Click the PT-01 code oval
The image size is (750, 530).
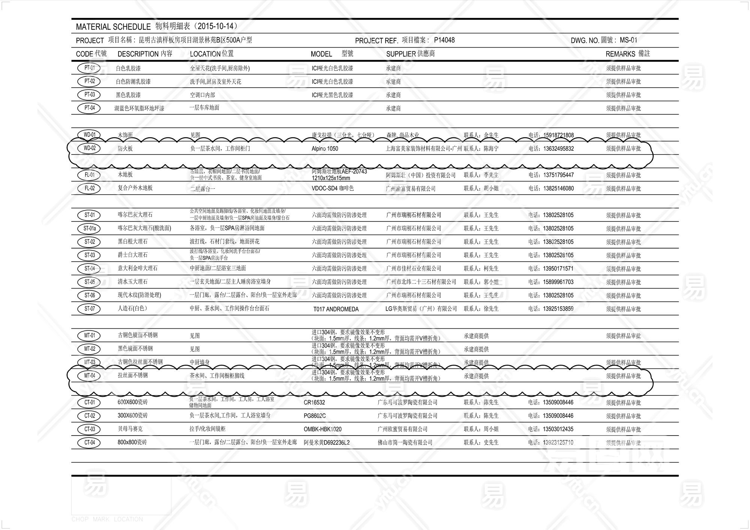tap(89, 68)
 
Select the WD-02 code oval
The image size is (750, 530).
tap(89, 148)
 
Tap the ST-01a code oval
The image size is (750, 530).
tap(89, 228)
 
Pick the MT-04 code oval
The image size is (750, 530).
tap(89, 376)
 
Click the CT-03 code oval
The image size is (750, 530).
tap(89, 429)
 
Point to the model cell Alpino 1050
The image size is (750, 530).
tap(325, 149)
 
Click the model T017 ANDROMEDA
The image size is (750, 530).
tap(336, 309)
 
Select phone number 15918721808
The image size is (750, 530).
tap(558, 135)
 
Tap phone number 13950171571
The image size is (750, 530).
tap(558, 269)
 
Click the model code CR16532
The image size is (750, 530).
tap(314, 403)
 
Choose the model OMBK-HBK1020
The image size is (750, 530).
tap(322, 429)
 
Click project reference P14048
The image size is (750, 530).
tap(444, 40)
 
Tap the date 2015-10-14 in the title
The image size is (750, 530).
tap(217, 26)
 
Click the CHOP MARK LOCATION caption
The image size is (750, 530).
tap(107, 519)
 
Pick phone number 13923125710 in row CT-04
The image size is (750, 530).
tap(558, 443)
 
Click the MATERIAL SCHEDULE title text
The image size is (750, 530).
tap(113, 27)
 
